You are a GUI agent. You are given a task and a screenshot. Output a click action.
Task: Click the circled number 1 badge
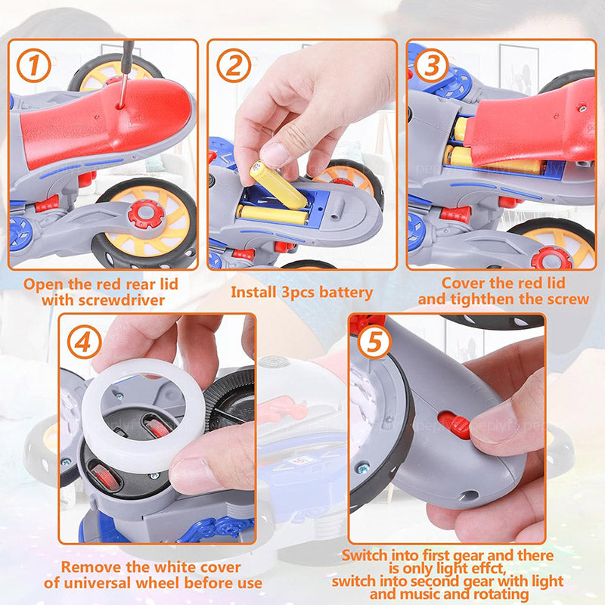[34, 66]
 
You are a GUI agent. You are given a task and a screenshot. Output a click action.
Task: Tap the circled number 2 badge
[234, 66]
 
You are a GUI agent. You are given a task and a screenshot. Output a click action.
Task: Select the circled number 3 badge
[432, 66]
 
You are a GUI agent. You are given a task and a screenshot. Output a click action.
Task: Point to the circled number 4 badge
[85, 342]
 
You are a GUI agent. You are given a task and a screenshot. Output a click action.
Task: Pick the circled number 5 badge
[374, 342]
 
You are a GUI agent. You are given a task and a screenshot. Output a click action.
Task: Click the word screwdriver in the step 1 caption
[123, 300]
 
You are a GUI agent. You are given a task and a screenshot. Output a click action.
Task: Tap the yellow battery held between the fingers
[278, 185]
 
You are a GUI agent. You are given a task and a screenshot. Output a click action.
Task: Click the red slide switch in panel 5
[455, 425]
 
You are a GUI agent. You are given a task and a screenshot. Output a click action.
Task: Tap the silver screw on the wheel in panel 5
[363, 468]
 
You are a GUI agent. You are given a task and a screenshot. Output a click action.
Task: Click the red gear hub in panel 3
[552, 258]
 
